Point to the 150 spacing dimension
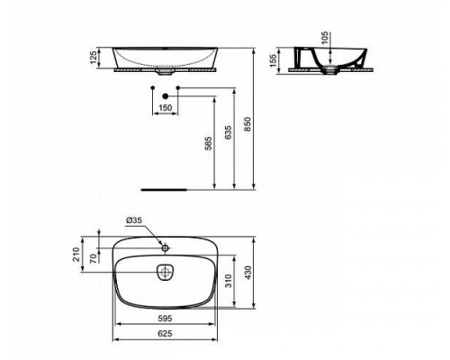(165, 107)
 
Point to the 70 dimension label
(94, 258)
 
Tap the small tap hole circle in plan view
(165, 246)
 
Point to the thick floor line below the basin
(165, 190)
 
